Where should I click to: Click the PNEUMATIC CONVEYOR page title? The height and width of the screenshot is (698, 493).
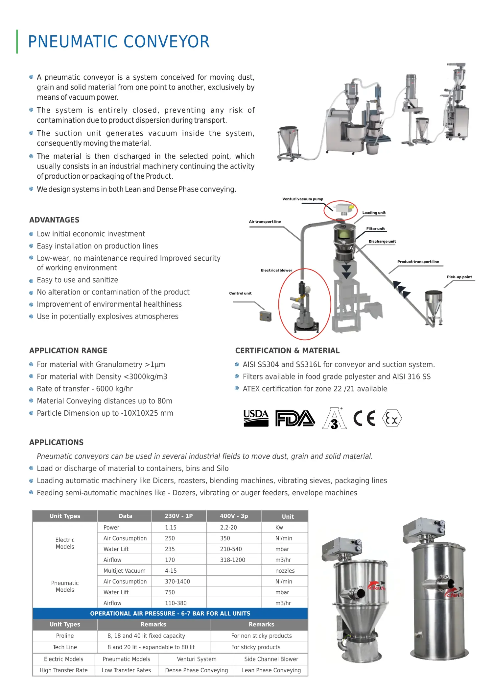pos(119,42)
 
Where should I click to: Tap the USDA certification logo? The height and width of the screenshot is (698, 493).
pos(256,418)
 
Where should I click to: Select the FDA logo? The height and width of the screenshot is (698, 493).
pos(295,419)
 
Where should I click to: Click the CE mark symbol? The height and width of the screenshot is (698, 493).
pos(364,419)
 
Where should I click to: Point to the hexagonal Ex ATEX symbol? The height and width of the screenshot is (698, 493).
pos(392,419)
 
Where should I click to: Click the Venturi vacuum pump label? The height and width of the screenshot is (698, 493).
pos(303,199)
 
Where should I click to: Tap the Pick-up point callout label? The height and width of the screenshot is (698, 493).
pos(459,277)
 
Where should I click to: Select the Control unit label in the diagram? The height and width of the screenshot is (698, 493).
pos(240,293)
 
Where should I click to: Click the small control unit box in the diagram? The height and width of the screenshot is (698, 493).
pos(265,316)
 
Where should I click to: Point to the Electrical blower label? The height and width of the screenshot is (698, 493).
pos(276,271)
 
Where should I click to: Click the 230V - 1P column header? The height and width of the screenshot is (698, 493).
pos(178,516)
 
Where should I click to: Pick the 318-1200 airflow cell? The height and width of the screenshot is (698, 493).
pos(232,560)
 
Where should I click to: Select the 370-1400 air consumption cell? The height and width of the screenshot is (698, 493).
pos(177,582)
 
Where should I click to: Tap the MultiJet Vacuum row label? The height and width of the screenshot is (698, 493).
pos(124,571)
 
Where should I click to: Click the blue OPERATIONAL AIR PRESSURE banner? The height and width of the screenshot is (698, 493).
pos(170,613)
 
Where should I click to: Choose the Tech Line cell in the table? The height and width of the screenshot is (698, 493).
pos(65,647)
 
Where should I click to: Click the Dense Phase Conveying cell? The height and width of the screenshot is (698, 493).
pos(196,670)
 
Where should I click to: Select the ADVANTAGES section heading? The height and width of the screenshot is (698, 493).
pos(54,220)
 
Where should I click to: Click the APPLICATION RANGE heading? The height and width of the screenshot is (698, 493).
pos(68,350)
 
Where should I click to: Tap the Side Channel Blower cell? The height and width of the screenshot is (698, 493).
pos(271,659)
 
